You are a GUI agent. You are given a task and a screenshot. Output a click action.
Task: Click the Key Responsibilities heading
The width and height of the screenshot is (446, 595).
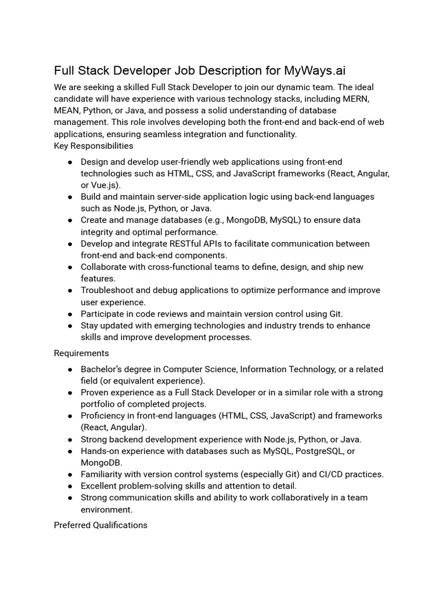[x=93, y=146]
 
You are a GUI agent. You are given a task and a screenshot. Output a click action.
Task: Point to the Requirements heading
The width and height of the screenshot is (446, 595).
[x=81, y=353]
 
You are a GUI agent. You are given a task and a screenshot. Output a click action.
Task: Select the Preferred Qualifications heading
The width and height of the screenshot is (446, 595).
[x=100, y=525]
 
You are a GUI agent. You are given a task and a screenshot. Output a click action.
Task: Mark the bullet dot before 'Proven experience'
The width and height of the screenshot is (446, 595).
[x=70, y=393]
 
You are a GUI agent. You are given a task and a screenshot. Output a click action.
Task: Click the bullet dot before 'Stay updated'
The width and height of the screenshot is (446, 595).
[x=70, y=326]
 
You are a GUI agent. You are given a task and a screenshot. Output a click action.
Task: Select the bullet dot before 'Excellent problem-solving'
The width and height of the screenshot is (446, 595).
[x=70, y=486]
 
